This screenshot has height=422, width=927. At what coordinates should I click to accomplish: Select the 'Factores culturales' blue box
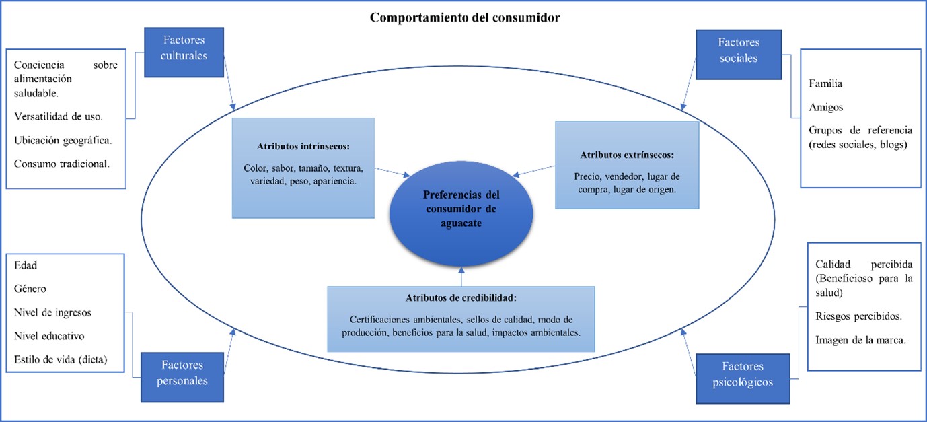pyautogui.click(x=183, y=48)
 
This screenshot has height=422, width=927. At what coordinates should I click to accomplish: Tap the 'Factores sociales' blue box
pyautogui.click(x=738, y=50)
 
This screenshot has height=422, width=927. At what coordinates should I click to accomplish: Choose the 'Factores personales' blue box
pyautogui.click(x=182, y=373)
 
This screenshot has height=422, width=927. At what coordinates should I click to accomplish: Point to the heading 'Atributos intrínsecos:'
pyautogui.click(x=303, y=145)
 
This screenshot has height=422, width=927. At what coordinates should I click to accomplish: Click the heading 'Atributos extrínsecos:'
pyautogui.click(x=627, y=155)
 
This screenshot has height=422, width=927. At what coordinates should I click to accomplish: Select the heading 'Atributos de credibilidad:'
pyautogui.click(x=461, y=297)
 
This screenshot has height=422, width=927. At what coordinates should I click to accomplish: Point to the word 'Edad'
pyautogui.click(x=26, y=265)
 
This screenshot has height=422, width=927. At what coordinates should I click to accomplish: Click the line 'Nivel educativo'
pyautogui.click(x=49, y=336)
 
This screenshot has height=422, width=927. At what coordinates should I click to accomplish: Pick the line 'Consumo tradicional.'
pyautogui.click(x=61, y=164)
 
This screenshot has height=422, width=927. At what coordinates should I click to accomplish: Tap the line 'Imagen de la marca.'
pyautogui.click(x=860, y=340)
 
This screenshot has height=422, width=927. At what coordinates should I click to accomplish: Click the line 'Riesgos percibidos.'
pyautogui.click(x=858, y=316)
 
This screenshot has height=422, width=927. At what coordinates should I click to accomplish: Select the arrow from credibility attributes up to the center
pyautogui.click(x=461, y=277)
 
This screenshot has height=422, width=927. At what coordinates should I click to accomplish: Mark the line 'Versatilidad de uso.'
pyautogui.click(x=59, y=116)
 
